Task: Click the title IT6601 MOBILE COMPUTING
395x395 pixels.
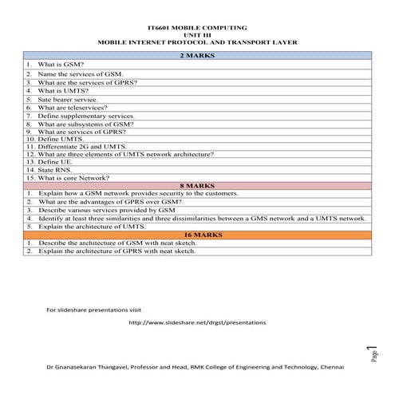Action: tap(197, 27)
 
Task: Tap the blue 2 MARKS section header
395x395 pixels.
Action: tap(197, 55)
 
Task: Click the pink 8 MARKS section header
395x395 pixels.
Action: tap(197, 185)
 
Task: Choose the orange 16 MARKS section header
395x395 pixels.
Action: tap(197, 235)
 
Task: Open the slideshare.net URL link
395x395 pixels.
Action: tap(197, 322)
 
